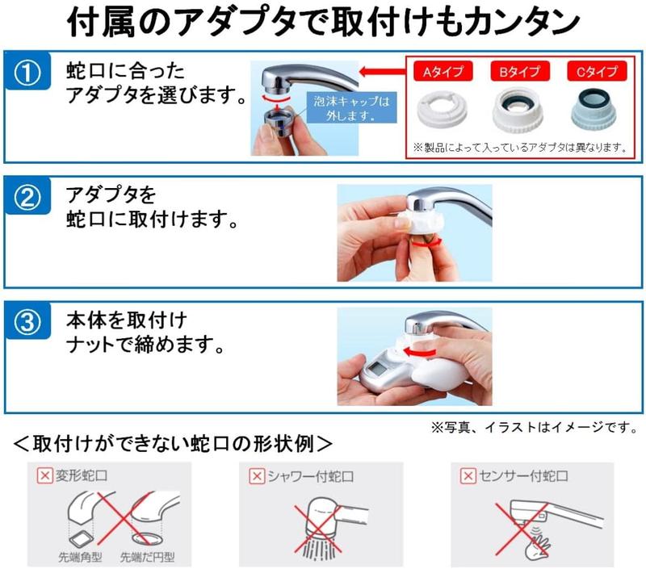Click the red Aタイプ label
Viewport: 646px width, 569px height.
pos(443,72)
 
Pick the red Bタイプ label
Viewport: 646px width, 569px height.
pos(520,72)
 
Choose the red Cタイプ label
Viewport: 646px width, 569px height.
pos(595,72)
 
